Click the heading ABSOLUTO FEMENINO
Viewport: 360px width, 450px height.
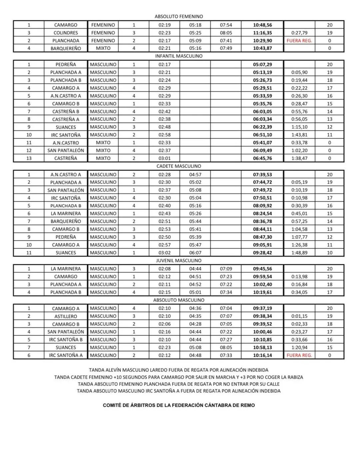[179, 16]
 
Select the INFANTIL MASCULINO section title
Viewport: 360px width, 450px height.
[179, 56]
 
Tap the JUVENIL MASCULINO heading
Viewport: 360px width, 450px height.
[179, 261]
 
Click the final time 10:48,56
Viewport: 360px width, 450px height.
[262, 25]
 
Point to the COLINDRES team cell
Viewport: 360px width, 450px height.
[66, 33]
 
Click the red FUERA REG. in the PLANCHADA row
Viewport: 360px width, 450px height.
[299, 41]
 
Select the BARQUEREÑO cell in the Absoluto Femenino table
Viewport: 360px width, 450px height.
[66, 48]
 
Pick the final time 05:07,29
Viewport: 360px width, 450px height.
[262, 65]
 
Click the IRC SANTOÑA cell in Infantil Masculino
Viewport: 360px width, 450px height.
[66, 135]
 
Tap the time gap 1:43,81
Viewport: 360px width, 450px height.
[299, 135]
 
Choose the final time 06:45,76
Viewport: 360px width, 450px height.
[262, 158]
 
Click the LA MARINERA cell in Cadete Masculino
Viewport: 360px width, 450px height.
[66, 213]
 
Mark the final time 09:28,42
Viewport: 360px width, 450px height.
[262, 253]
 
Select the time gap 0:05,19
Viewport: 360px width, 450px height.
[299, 182]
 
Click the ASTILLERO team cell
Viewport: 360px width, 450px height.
[66, 316]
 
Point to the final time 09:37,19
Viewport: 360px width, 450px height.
[262, 308]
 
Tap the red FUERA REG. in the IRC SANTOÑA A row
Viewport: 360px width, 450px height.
[299, 355]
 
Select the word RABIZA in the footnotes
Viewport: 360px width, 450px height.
[294, 377]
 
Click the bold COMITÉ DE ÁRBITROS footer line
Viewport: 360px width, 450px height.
[179, 405]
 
